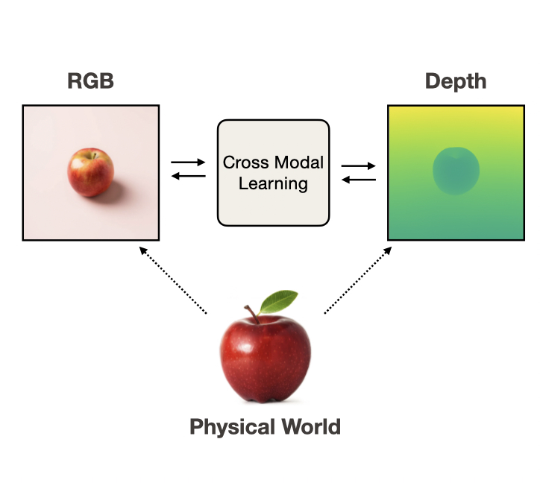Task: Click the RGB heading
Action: [91, 81]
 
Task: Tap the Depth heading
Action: [456, 81]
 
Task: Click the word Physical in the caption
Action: [230, 428]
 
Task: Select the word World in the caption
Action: [308, 428]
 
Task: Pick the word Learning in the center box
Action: [273, 183]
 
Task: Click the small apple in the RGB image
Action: [90, 172]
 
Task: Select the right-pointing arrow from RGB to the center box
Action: [188, 161]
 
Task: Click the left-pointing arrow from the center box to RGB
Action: [188, 176]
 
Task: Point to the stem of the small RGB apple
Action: [92, 154]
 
